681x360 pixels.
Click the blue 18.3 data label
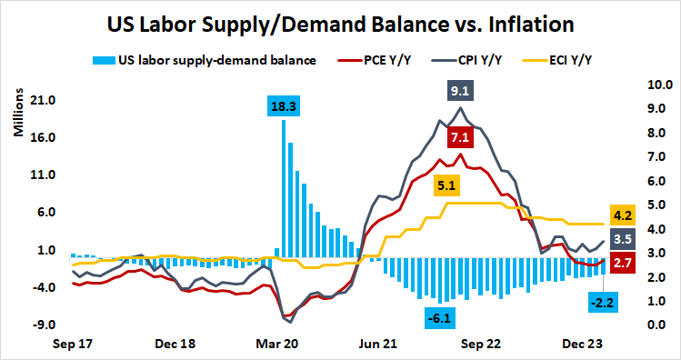284,106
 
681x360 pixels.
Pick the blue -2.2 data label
601,302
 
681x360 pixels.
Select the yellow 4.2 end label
624,216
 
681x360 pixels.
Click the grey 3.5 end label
624,240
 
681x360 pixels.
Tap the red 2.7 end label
624,263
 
